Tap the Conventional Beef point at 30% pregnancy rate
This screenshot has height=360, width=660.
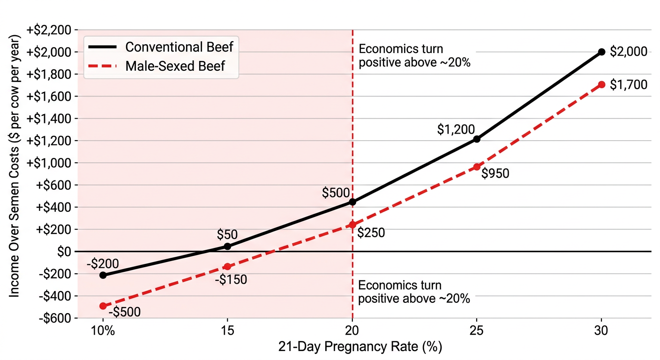602,52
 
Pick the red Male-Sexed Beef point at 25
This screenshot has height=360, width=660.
477,167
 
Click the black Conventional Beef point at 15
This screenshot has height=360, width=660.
227,246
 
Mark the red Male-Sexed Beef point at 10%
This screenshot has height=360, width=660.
103,306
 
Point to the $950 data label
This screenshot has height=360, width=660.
495,173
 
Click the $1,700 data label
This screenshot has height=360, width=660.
629,85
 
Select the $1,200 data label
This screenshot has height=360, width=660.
456,129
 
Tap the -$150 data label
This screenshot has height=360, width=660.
231,280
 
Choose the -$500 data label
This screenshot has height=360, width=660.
124,312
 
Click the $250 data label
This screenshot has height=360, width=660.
371,232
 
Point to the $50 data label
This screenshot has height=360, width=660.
227,234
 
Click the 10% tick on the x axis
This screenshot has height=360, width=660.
103,330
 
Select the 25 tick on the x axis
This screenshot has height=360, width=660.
477,330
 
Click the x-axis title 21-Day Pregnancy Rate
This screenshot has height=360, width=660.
360,347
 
